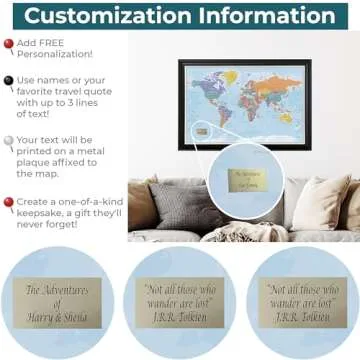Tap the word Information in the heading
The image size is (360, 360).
261,16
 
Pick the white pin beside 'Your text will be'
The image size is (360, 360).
9,143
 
